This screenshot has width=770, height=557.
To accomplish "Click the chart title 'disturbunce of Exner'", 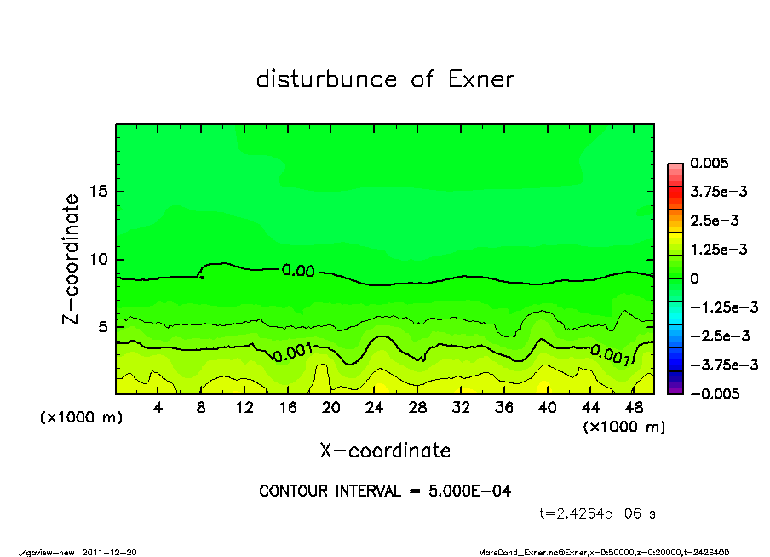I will pos(385,79).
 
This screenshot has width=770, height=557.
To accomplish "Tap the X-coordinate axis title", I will pos(385,450).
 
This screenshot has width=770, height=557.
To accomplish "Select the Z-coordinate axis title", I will pos(72,259).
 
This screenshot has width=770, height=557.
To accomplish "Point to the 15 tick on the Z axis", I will pos(101,192).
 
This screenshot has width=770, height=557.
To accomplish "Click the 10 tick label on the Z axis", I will pos(101,259).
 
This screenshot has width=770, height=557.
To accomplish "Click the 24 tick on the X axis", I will pos(375,408).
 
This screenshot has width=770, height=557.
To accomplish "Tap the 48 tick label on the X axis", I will pos(635,408).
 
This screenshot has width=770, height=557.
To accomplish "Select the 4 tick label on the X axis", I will pos(158,408).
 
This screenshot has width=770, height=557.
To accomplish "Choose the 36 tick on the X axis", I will pos(504,408).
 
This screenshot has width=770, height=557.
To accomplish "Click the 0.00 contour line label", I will pos(298,271).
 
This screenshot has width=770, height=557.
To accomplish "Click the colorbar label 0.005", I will pos(710,163).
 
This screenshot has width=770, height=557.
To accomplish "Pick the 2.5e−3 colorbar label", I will pos(714,221).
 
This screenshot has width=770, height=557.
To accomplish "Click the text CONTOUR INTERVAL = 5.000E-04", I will pos(385,491).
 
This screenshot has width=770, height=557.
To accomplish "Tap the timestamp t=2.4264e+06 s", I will pos(597,514).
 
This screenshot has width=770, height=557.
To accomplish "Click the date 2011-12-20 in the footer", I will pos(109,552).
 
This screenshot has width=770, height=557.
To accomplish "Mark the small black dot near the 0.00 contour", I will pos(202,277).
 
